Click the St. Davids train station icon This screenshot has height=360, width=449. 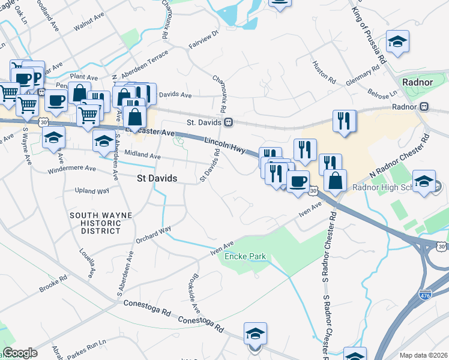pos(228,122)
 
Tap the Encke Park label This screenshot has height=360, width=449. pos(245,257)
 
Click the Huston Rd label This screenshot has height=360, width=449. pos(324,70)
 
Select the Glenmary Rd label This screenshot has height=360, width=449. pos(363,77)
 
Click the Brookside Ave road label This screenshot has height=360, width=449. pos(195,295)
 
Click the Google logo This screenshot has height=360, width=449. pos(20,353)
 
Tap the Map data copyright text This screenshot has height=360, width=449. pos(424,355)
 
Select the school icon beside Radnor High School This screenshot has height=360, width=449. pos(424,182)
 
